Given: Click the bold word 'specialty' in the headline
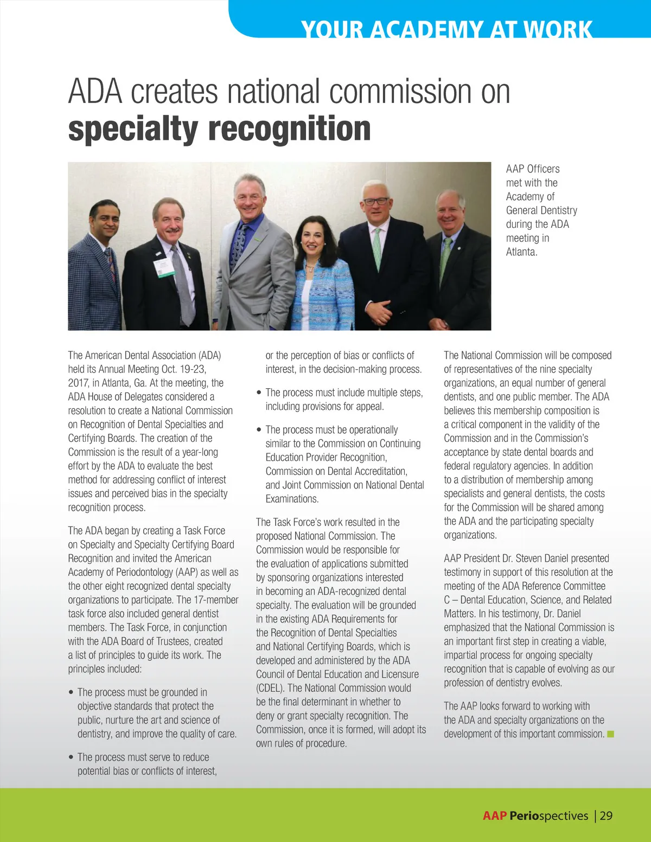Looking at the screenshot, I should pos(133,129).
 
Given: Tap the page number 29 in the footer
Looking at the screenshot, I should pos(606,815).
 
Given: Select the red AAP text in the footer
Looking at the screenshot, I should pos(494,815).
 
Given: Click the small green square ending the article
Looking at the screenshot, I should pos(610,734).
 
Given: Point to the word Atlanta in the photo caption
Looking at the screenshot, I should pos(521,252).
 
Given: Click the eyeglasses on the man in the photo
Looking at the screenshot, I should pos(375,201).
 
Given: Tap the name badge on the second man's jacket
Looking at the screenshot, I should pos(163,267).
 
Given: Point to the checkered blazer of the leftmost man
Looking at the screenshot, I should pos(90,287).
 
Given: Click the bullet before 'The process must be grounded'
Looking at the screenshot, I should pos(71,692).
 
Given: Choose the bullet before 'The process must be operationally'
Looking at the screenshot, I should pos(259,429).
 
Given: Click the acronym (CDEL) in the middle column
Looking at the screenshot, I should pos(271,688).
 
